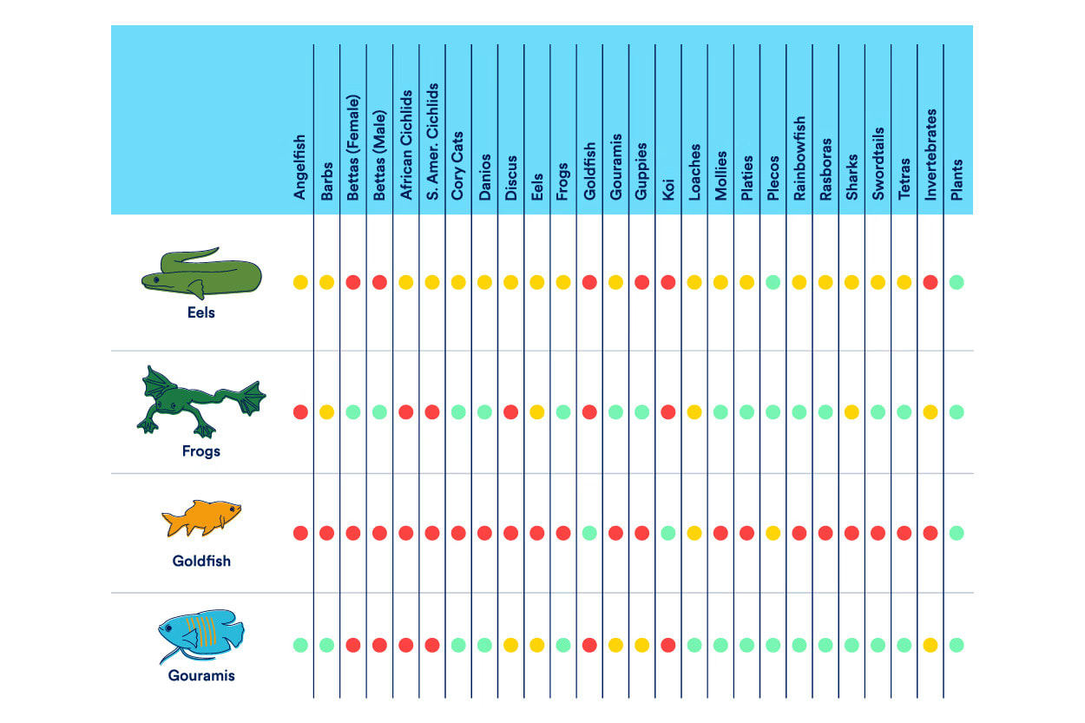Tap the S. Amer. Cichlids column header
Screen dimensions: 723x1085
pyautogui.click(x=432, y=142)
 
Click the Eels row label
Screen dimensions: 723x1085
pyautogui.click(x=201, y=312)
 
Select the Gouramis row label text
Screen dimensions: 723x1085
pyautogui.click(x=201, y=674)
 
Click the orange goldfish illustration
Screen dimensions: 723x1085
pyautogui.click(x=201, y=519)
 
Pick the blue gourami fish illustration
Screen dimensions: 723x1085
pyautogui.click(x=199, y=634)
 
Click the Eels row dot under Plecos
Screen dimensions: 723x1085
pyautogui.click(x=773, y=282)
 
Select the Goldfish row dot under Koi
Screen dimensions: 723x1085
pyautogui.click(x=667, y=533)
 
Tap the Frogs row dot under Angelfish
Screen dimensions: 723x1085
pyautogui.click(x=300, y=412)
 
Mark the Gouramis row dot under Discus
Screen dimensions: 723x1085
pyautogui.click(x=510, y=645)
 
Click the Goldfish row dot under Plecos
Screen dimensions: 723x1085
pyautogui.click(x=773, y=533)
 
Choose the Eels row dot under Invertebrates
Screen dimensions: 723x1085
pyautogui.click(x=930, y=282)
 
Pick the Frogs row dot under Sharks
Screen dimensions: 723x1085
pyautogui.click(x=852, y=412)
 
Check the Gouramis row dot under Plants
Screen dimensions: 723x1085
pyautogui.click(x=957, y=645)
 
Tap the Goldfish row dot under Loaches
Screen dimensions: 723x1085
pyautogui.click(x=694, y=533)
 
